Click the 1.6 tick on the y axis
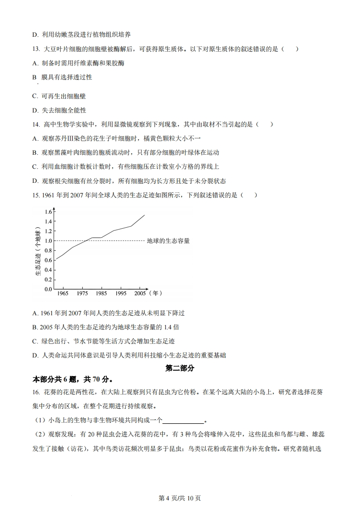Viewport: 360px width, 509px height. click(48, 212)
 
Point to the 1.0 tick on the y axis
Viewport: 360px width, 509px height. click(48, 241)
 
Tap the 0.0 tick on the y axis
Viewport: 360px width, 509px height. click(48, 289)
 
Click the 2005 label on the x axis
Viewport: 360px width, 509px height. click(140, 294)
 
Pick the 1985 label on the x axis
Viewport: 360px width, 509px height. click(101, 294)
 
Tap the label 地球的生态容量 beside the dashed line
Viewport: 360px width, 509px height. click(168, 241)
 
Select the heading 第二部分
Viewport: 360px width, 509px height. click(180, 368)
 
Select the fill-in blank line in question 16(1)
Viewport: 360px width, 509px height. click(183, 420)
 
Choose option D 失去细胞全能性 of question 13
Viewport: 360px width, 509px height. click(59, 110)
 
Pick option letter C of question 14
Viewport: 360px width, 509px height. click(35, 166)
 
